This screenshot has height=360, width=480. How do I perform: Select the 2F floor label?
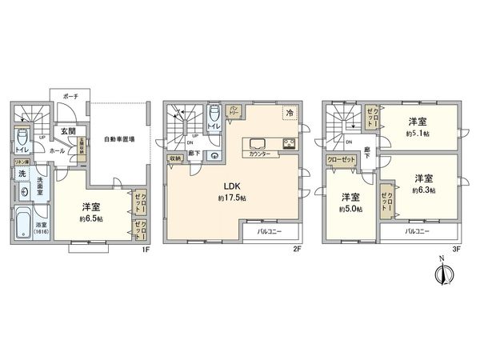coord(295,248)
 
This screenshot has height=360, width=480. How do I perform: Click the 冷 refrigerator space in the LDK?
coord(287,113)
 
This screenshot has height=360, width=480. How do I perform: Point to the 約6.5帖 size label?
coord(90,217)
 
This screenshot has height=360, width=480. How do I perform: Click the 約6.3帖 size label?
coord(423,190)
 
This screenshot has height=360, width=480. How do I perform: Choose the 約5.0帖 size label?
coord(350,209)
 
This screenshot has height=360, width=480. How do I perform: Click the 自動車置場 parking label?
coord(118,139)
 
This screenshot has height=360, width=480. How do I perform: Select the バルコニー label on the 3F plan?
coord(416,230)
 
